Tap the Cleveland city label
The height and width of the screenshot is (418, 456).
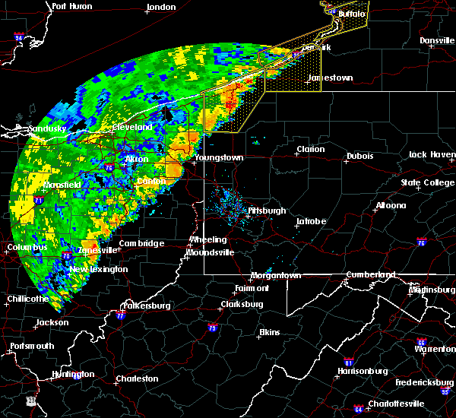click(x=132, y=127)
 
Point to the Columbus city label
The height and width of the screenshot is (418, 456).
click(x=27, y=247)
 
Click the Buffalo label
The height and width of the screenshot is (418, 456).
click(x=351, y=14)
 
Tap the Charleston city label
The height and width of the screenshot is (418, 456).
click(x=137, y=378)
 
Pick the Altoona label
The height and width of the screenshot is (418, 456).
click(x=390, y=205)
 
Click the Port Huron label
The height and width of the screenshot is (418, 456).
click(x=71, y=6)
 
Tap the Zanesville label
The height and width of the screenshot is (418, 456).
click(x=98, y=250)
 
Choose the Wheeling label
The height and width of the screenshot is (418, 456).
click(x=208, y=240)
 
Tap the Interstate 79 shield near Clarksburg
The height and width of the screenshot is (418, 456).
click(x=212, y=328)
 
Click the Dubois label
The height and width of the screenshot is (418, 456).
click(x=359, y=156)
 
